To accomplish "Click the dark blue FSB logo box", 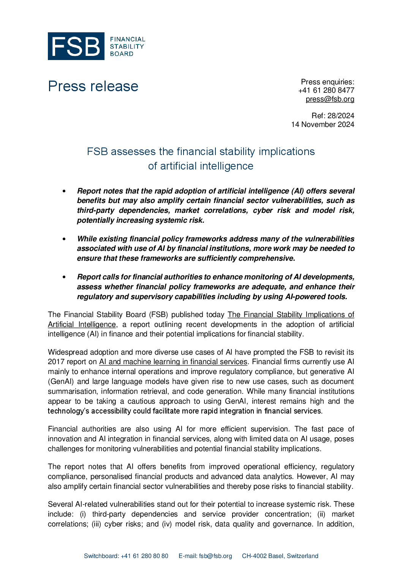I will (x=76, y=46).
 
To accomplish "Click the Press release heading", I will (x=93, y=86).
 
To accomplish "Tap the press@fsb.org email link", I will (x=330, y=99).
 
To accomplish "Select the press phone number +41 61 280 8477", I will (x=326, y=90).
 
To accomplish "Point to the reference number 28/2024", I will (x=340, y=116).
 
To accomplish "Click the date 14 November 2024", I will (x=323, y=124).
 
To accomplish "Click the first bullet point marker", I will (x=64, y=191).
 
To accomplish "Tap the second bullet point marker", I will (x=64, y=239).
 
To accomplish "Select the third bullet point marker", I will (x=64, y=277).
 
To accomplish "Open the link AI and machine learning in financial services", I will (x=173, y=362).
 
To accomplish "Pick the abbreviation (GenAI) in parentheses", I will (x=60, y=382).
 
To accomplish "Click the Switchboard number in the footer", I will (x=144, y=556).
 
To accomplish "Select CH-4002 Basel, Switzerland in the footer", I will (x=280, y=556).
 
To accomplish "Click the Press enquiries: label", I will (x=328, y=82).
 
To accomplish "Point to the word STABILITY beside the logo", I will (x=127, y=46).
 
